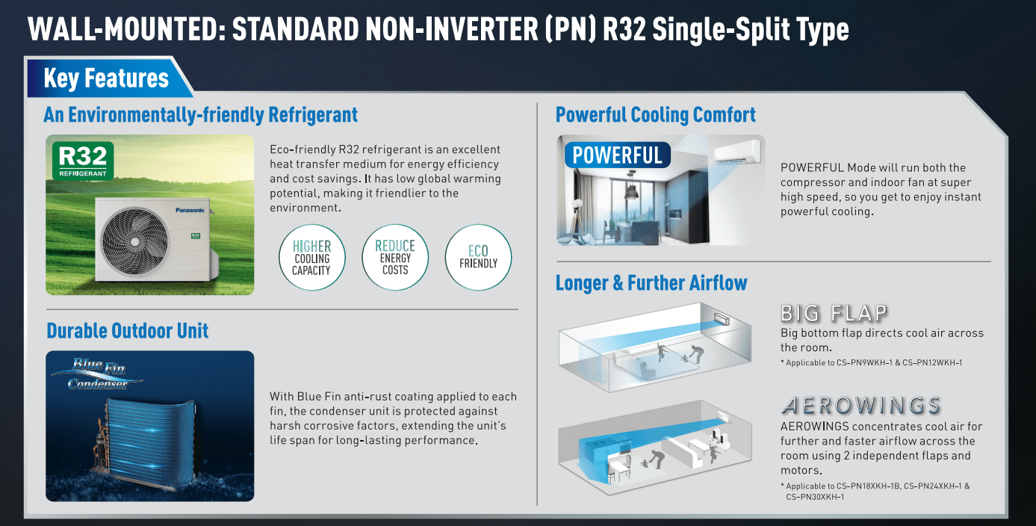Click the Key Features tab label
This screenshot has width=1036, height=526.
tap(106, 78)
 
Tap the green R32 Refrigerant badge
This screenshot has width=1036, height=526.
tap(83, 161)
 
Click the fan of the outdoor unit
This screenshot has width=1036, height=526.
tap(134, 241)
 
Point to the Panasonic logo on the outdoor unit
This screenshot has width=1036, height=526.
tap(190, 210)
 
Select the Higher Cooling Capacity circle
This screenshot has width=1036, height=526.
tap(311, 258)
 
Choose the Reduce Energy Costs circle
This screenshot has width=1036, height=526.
tap(395, 258)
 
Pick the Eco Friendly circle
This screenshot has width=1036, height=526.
tap(478, 258)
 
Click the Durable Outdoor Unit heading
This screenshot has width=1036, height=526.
tap(127, 331)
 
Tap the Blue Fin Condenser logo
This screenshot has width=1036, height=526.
tap(98, 374)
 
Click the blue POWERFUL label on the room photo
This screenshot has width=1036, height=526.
tap(618, 155)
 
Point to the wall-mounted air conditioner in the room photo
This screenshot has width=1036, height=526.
tap(737, 152)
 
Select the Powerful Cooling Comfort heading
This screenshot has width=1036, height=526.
tap(655, 115)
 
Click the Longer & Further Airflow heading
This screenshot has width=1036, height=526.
tap(651, 282)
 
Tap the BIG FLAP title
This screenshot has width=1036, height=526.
tap(834, 313)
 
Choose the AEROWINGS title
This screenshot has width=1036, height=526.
tap(860, 405)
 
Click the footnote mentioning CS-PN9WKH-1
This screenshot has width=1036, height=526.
tap(872, 362)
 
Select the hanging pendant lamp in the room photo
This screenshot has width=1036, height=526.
tap(631, 189)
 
